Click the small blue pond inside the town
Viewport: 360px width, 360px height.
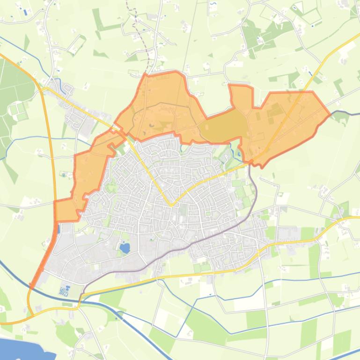(125, 248)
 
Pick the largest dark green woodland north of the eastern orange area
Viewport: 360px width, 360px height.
(262, 33)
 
